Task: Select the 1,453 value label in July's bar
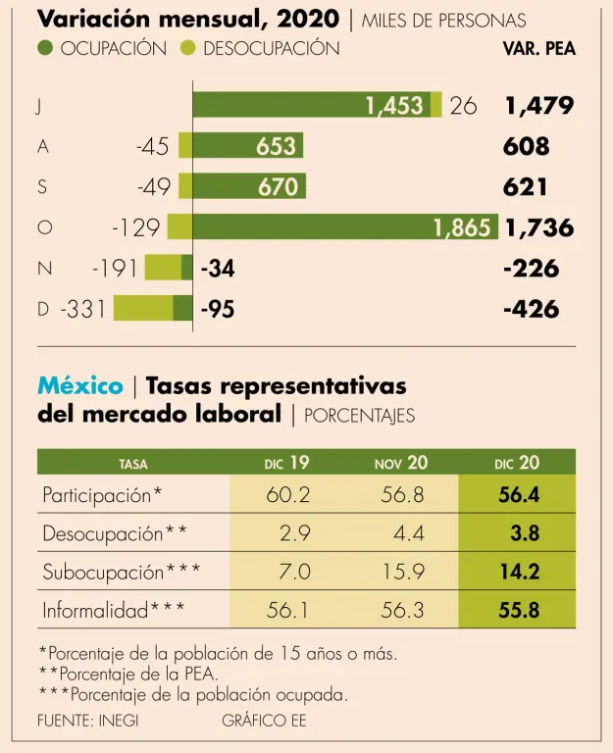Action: point(395,106)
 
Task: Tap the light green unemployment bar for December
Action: point(143,308)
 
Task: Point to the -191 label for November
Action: point(114,268)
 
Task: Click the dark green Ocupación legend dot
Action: point(46,48)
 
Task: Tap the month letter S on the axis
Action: point(42,186)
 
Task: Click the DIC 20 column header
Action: point(517,463)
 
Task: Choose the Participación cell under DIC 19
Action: point(287,495)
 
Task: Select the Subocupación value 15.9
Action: point(402,572)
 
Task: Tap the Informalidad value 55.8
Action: point(519,610)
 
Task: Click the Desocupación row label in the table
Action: point(114,533)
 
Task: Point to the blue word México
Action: point(79,385)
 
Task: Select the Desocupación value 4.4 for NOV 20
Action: point(409,533)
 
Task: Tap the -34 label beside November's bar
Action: point(217,268)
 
